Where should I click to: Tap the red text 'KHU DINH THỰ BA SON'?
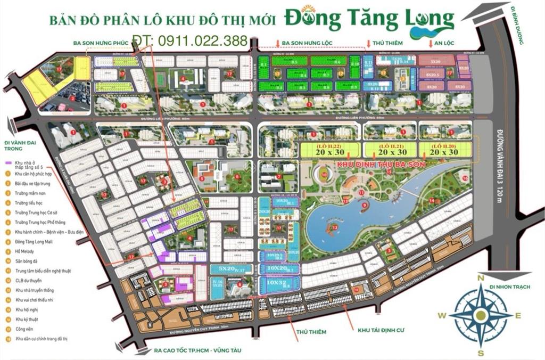pos(381,165)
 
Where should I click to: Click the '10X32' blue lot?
pos(278,283)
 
